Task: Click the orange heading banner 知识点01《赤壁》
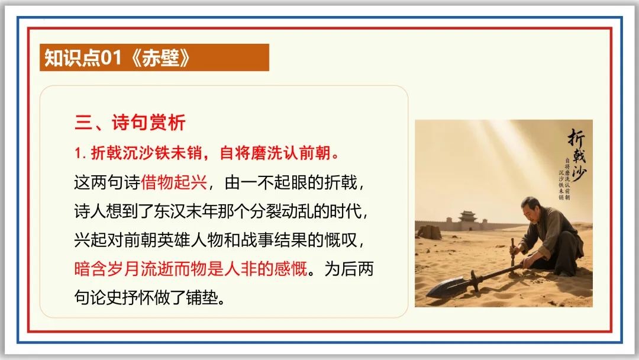pyautogui.click(x=154, y=57)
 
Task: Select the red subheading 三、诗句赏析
pyautogui.click(x=130, y=123)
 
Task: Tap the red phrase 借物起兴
pyautogui.click(x=174, y=182)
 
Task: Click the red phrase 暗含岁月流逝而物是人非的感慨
pyautogui.click(x=191, y=269)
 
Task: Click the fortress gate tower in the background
pyautogui.click(x=467, y=218)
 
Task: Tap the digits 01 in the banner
pyautogui.click(x=111, y=58)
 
